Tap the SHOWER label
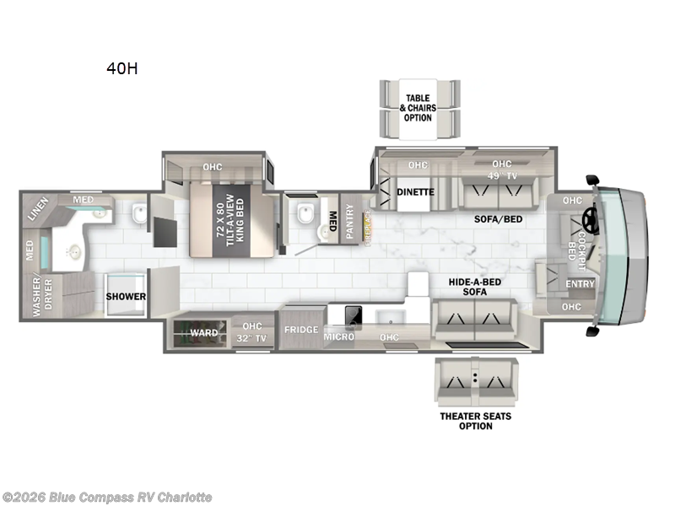click(x=126, y=297)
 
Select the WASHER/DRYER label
click(x=36, y=297)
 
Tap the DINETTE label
click(x=415, y=192)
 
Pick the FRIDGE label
click(x=300, y=330)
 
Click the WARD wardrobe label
click(x=202, y=333)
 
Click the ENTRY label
click(x=580, y=284)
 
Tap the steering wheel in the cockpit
click(x=588, y=222)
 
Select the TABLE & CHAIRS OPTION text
click(x=418, y=107)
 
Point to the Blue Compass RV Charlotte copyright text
click(x=107, y=497)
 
